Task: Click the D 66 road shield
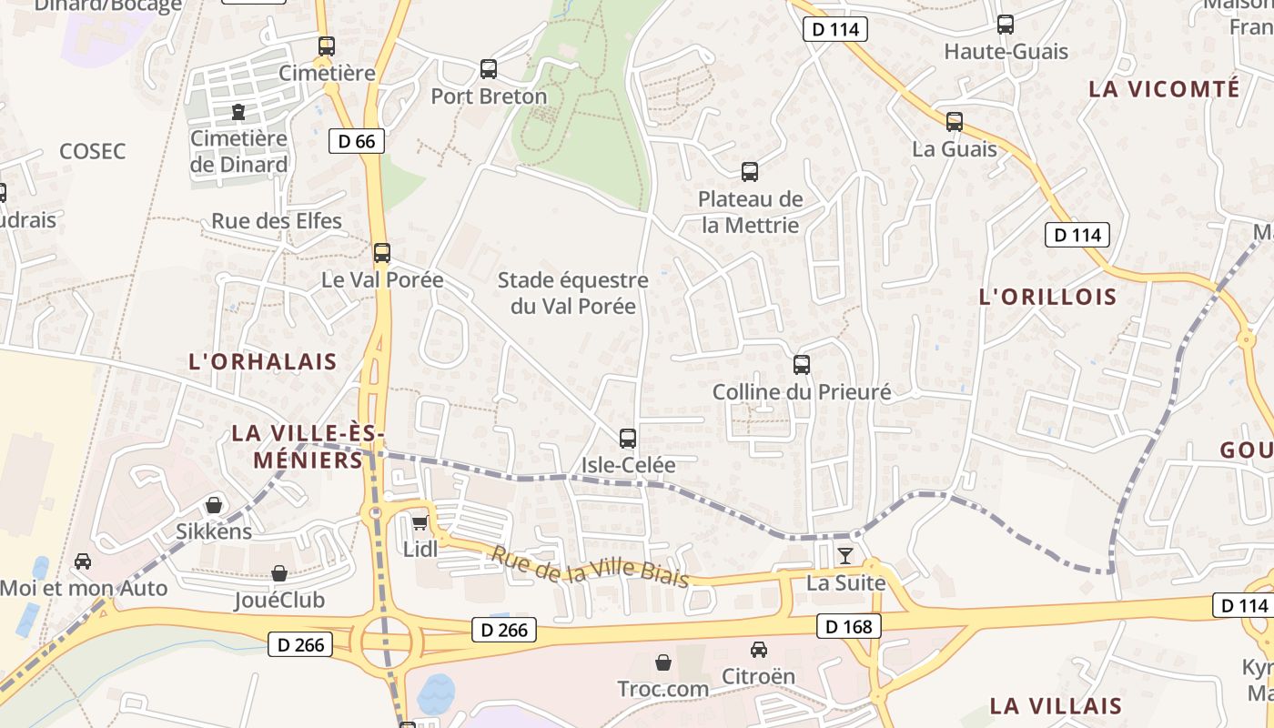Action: click(x=357, y=141)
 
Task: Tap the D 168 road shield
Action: click(x=849, y=626)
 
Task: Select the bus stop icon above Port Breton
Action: click(x=489, y=69)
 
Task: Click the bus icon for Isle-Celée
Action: click(x=628, y=439)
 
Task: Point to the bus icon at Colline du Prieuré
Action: click(x=802, y=365)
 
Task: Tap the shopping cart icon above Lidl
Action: click(x=420, y=522)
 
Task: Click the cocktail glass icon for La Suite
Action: click(x=846, y=556)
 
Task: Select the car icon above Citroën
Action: click(x=758, y=650)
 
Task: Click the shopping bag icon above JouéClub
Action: click(x=279, y=573)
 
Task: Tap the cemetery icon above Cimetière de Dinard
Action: click(x=238, y=112)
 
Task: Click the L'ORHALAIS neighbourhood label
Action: click(x=262, y=361)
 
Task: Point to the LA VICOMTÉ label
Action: click(x=1164, y=89)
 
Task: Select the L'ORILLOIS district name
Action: click(x=1047, y=297)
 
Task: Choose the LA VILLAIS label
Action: click(x=1056, y=705)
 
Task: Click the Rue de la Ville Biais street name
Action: click(x=590, y=566)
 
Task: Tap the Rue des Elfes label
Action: click(x=277, y=221)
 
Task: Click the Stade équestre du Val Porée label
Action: click(x=573, y=293)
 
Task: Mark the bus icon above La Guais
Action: click(x=955, y=121)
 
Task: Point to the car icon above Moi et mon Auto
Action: click(x=83, y=561)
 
